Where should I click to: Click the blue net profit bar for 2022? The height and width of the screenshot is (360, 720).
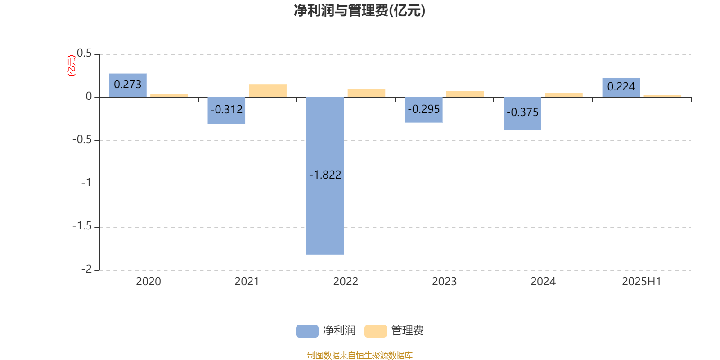click(x=325, y=176)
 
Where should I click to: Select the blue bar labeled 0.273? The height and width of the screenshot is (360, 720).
click(x=128, y=85)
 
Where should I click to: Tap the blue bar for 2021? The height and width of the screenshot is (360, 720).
click(x=226, y=111)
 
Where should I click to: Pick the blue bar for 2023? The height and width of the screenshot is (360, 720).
click(x=423, y=110)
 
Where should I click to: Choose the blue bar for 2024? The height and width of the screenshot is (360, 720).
click(x=522, y=113)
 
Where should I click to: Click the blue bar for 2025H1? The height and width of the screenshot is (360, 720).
click(x=621, y=87)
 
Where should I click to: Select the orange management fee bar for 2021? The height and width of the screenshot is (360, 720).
click(x=268, y=90)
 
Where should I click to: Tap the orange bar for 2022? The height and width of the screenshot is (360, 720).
click(x=366, y=93)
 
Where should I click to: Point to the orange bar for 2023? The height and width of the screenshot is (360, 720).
click(x=465, y=94)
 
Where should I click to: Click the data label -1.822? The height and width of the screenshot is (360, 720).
click(x=325, y=175)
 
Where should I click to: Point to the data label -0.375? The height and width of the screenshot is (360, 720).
click(x=522, y=112)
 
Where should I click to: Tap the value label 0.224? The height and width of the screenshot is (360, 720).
click(x=621, y=86)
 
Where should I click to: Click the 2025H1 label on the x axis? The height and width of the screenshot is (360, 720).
click(x=642, y=282)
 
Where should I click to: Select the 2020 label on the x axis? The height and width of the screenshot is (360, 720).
click(x=148, y=282)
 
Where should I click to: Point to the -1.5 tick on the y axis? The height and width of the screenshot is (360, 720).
click(x=82, y=226)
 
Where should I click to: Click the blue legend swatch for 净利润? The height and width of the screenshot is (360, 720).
click(x=307, y=331)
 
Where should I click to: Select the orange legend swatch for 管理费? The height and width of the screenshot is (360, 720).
click(x=375, y=331)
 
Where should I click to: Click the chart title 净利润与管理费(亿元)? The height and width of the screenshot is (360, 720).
click(x=360, y=11)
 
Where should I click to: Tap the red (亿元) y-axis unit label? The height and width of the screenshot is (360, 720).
click(x=72, y=66)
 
